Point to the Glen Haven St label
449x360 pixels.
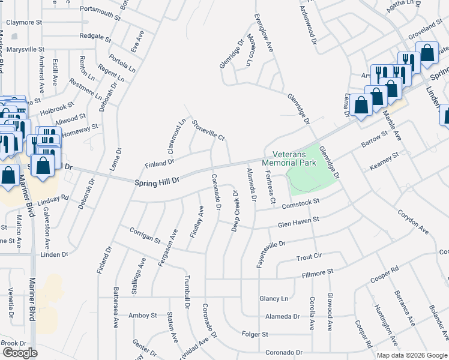pos(298,223)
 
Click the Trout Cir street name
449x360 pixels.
pos(309,256)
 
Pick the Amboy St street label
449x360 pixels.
pos(143,315)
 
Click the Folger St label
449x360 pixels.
pos(255,334)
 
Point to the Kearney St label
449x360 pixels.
pos(384,161)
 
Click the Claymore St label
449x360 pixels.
pos(24,22)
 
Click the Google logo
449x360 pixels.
pos(20,353)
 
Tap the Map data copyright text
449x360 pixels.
pos(412,355)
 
